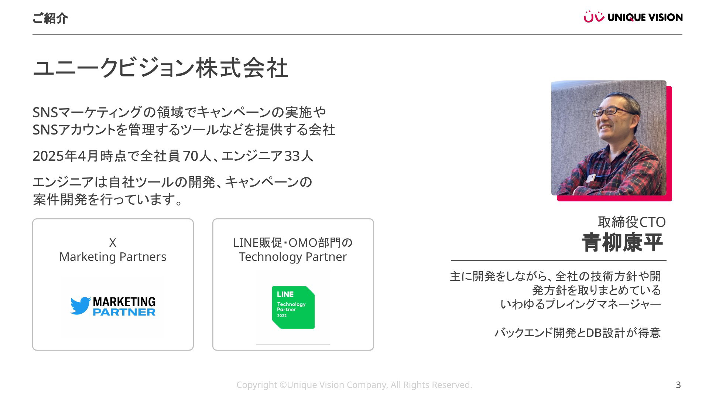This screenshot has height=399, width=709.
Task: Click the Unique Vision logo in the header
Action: coord(633,17)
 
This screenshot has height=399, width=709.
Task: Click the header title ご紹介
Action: coord(50,18)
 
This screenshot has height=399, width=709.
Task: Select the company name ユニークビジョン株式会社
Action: coord(160,68)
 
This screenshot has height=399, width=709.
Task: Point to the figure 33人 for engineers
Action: coord(299,156)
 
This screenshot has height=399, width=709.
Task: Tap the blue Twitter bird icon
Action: coord(81,306)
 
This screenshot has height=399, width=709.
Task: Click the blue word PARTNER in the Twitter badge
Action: coord(124,312)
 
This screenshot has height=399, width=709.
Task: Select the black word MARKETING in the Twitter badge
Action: coord(124,302)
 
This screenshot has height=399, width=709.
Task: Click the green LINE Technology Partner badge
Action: coord(293,307)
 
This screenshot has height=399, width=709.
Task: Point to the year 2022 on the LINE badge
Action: coord(282,316)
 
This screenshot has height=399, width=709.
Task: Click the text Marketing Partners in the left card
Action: coord(113,257)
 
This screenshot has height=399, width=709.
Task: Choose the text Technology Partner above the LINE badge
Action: coord(293,257)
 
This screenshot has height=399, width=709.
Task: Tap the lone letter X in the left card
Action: coord(113,243)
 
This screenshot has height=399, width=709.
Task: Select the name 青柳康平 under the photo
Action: coord(623,243)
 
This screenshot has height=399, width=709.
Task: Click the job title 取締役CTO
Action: coord(632,222)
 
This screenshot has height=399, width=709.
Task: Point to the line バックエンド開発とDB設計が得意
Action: coord(578,333)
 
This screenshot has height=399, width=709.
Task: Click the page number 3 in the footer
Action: coord(678,385)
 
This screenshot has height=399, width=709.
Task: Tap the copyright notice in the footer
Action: coord(354,385)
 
